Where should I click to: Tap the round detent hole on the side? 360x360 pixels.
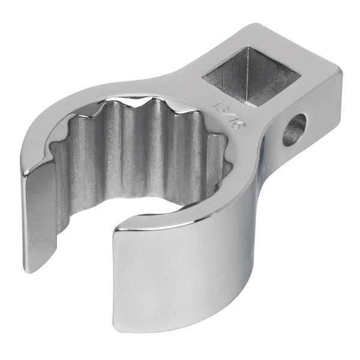point(294,129)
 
